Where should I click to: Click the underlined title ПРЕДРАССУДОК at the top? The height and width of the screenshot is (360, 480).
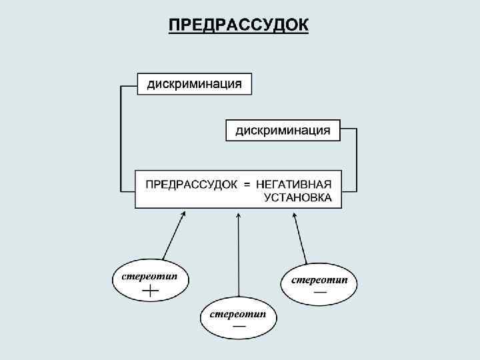(x=239, y=25)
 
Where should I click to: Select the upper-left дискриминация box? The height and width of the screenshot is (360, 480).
(x=195, y=84)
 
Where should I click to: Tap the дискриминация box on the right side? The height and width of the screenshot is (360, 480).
(x=283, y=130)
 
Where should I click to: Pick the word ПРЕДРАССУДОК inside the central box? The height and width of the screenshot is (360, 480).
(x=191, y=183)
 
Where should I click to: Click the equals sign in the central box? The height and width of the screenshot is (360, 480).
(x=246, y=184)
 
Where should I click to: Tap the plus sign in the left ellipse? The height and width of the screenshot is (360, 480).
(x=151, y=291)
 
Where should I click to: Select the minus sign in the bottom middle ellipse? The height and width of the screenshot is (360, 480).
(x=238, y=326)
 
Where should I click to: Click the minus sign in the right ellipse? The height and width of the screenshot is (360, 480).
(x=320, y=292)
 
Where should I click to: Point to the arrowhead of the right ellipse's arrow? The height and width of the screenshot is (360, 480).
(x=293, y=215)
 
